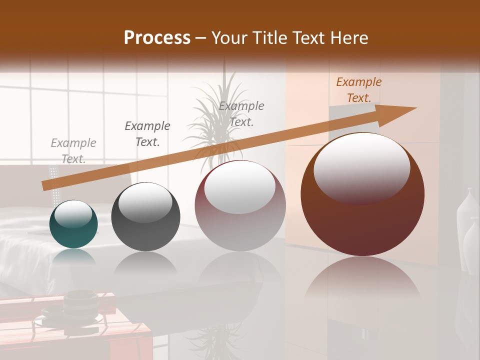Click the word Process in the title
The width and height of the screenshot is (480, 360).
click(x=157, y=38)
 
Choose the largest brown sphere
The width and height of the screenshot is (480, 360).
click(x=362, y=220)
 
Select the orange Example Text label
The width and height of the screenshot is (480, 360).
click(x=358, y=90)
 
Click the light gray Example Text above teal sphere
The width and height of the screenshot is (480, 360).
click(x=73, y=150)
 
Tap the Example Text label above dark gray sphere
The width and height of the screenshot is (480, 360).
click(x=147, y=133)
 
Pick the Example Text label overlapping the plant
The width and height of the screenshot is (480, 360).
click(x=241, y=113)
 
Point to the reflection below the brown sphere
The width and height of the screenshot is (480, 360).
click(x=362, y=280)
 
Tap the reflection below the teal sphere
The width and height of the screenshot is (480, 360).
click(x=73, y=256)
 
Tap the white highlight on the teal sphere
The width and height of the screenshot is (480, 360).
click(x=73, y=214)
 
